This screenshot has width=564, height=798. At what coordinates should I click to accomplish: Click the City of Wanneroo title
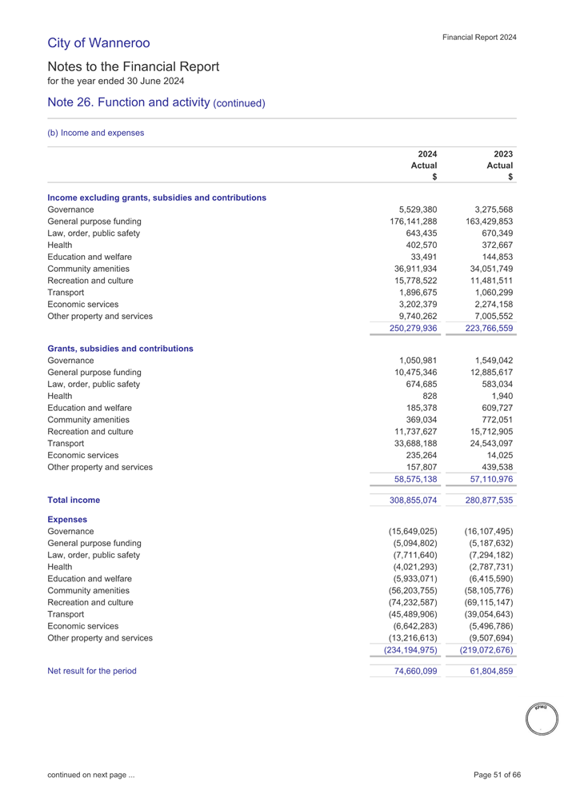pos(98,42)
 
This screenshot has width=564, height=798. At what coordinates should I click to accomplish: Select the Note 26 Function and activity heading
pos(156,103)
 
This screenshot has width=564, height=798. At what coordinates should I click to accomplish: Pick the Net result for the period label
pos(92,671)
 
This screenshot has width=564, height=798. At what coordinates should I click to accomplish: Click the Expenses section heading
pos(67,519)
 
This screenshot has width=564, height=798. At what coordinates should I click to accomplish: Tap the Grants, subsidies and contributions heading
pos(120,349)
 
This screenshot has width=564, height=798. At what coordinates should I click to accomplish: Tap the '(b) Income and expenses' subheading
pos(96,133)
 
